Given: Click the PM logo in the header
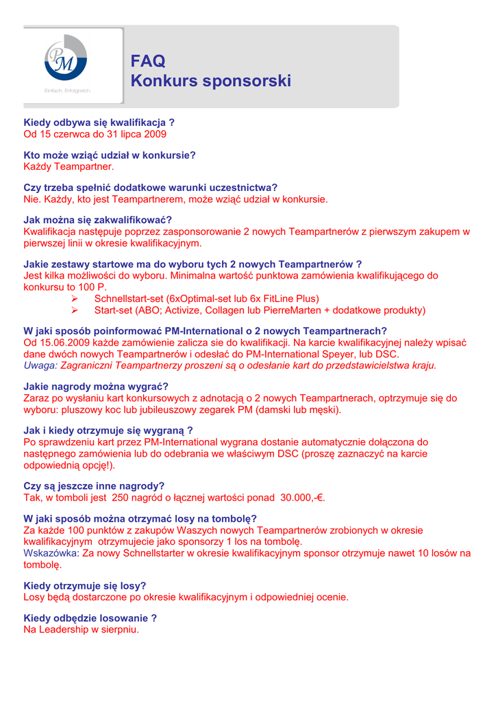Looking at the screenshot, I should tap(66, 58).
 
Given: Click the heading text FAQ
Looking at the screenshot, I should tap(148, 62).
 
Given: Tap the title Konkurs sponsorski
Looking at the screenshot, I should tap(210, 81).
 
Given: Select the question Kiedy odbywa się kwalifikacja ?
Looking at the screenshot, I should tap(99, 123).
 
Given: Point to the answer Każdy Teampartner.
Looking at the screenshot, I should tap(69, 166).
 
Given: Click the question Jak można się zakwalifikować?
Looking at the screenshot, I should tap(98, 220).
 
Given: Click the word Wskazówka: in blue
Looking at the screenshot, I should tap(51, 553).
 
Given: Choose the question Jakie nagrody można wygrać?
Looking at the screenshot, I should tap(96, 386).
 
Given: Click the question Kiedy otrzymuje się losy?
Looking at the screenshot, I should tap(85, 585).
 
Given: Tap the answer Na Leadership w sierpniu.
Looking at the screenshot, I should tap(81, 629).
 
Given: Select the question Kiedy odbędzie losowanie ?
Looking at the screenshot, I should tap(90, 617).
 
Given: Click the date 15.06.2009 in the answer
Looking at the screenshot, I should tap(63, 342).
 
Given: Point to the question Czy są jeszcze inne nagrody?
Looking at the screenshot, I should tap(94, 486).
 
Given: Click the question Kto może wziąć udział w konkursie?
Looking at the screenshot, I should tap(110, 155).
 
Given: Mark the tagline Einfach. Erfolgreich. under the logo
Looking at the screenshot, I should tap(68, 90).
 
